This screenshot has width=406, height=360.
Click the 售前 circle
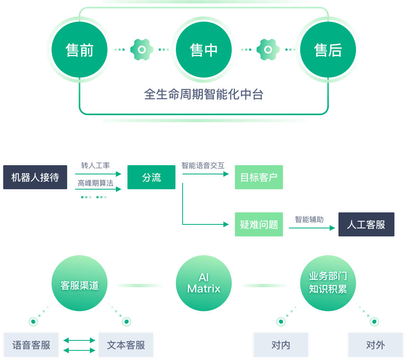click(80, 50)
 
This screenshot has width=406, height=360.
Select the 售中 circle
click(204, 50)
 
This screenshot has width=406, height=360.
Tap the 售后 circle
click(328, 50)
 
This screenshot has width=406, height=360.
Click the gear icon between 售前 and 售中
click(141, 50)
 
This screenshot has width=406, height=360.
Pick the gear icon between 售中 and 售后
click(268, 50)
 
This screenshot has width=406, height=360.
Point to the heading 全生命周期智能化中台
click(204, 94)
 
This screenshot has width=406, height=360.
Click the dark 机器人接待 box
click(35, 177)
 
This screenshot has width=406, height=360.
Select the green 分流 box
click(151, 177)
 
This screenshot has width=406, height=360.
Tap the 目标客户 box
click(259, 177)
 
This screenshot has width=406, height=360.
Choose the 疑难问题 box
click(259, 224)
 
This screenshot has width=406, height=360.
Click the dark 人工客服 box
click(366, 224)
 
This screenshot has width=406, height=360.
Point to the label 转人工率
click(96, 165)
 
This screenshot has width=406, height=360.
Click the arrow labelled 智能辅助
click(312, 228)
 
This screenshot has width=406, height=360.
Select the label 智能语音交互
click(203, 165)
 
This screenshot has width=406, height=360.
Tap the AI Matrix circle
click(204, 283)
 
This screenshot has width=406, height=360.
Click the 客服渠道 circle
click(80, 283)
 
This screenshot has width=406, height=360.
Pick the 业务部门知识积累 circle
click(328, 283)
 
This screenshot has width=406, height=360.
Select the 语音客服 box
click(31, 345)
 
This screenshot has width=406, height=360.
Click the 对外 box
click(376, 345)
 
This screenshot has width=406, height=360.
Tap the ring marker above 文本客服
click(127, 322)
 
